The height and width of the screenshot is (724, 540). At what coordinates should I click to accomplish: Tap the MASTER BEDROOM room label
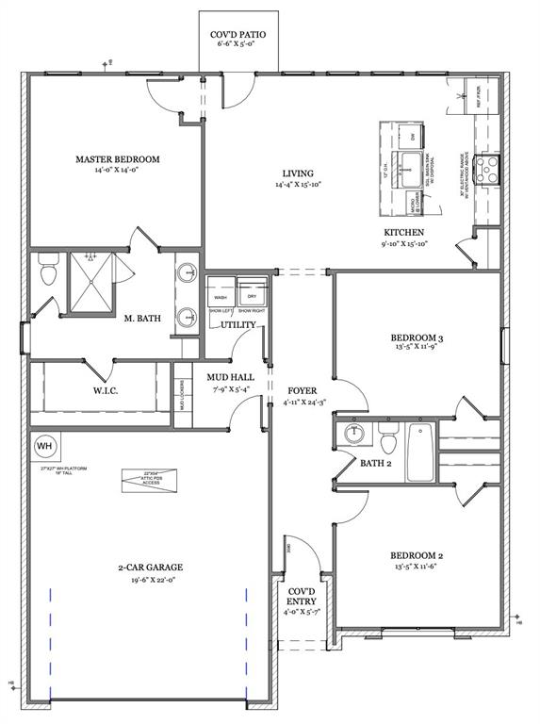click(x=118, y=159)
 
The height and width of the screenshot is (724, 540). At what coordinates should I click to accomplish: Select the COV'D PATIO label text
click(x=237, y=35)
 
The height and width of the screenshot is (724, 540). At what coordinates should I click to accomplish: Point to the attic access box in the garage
click(x=151, y=480)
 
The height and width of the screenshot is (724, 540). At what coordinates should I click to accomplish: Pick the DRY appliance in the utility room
click(x=252, y=288)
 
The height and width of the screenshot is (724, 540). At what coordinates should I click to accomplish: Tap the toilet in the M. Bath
click(x=49, y=272)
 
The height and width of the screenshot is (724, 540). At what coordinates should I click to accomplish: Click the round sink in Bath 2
click(x=354, y=435)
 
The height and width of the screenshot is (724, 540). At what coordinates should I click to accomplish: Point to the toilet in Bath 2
click(x=386, y=438)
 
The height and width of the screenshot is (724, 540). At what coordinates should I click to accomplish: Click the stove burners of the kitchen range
click(x=489, y=169)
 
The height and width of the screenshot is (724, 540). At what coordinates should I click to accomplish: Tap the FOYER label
click(x=302, y=390)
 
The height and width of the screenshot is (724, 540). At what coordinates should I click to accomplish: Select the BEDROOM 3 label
click(x=416, y=337)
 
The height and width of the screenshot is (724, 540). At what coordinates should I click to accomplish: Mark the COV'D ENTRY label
click(x=302, y=594)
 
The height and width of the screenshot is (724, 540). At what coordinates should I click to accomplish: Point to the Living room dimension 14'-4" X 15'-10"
click(x=298, y=186)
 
